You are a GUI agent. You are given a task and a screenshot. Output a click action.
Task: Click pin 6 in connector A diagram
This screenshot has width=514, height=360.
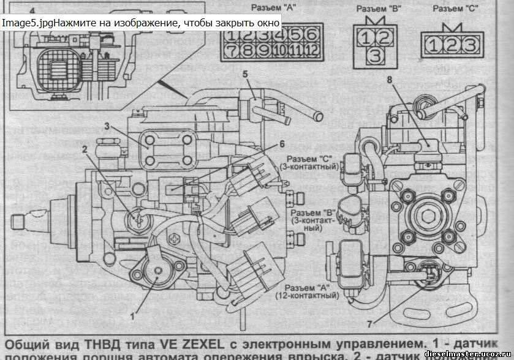coord(312,34)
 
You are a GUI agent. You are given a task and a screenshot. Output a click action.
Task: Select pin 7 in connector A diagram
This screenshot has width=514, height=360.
coord(232,49)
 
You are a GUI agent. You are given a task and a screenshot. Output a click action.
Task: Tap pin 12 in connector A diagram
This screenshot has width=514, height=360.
coord(311,49)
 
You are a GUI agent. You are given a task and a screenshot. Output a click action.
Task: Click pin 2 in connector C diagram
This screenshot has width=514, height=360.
coord(450,44)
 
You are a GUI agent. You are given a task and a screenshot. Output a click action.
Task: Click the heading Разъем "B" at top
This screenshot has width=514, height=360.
coord(376,9)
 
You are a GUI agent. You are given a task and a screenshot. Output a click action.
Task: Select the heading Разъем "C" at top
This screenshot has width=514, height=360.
coord(456,9)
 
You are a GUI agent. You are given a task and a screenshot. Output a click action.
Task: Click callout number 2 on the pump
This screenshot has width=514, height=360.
coord(85,148)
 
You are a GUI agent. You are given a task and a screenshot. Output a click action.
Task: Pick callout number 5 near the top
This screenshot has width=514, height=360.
coord(244,74)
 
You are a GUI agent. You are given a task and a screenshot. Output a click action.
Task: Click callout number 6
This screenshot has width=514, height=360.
coord(282,144)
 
